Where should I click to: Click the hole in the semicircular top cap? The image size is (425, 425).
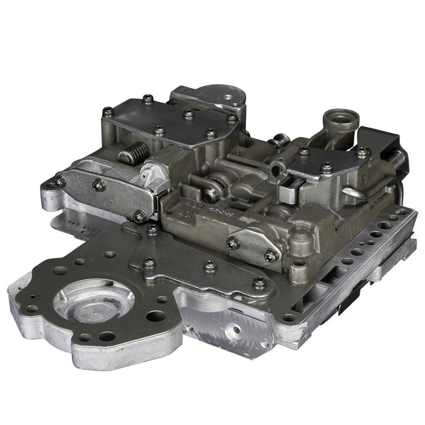pyautogui.click(x=228, y=97)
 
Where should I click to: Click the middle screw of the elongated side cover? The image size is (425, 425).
pyautogui.click(x=98, y=185)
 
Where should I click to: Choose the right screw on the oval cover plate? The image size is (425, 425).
pyautogui.click(x=271, y=256)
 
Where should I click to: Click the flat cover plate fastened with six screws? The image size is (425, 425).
pyautogui.click(x=170, y=120)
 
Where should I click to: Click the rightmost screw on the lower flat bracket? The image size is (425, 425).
pyautogui.click(x=259, y=282)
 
